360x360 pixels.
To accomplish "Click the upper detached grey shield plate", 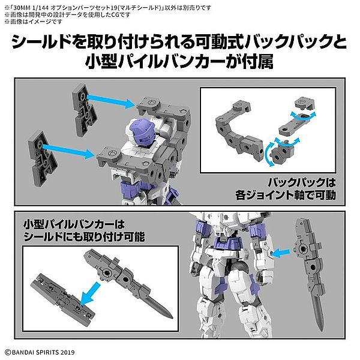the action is tap(84, 110).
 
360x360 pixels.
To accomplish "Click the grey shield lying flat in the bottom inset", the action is tap(62, 299).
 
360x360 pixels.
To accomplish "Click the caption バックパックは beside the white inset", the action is tap(302, 183).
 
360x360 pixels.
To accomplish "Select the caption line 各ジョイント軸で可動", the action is tap(286, 196).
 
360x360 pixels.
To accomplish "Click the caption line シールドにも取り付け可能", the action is tap(84, 237).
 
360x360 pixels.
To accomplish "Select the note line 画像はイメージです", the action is tap(33, 22).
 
